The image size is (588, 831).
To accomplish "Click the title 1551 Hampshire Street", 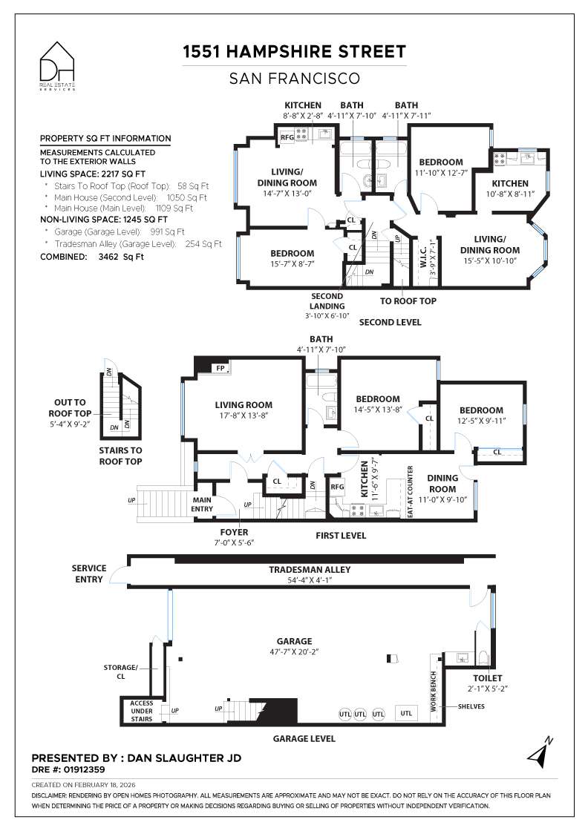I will (295, 51).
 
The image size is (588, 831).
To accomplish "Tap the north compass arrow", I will (539, 751).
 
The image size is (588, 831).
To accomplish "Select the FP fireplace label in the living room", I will (220, 368).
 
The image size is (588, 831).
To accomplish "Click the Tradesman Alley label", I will (310, 570).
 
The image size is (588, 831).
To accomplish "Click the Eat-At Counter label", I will (410, 491).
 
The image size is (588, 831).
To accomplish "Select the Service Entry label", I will (89, 574).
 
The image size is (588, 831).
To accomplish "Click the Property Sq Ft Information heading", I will (105, 138).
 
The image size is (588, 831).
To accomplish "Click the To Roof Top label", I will (408, 300).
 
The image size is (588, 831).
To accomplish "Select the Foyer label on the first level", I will (234, 532).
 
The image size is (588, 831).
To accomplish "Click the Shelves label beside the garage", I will (471, 706).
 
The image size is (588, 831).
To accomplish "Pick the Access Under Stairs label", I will (141, 711).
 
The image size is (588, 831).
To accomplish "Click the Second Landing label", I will (327, 300).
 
